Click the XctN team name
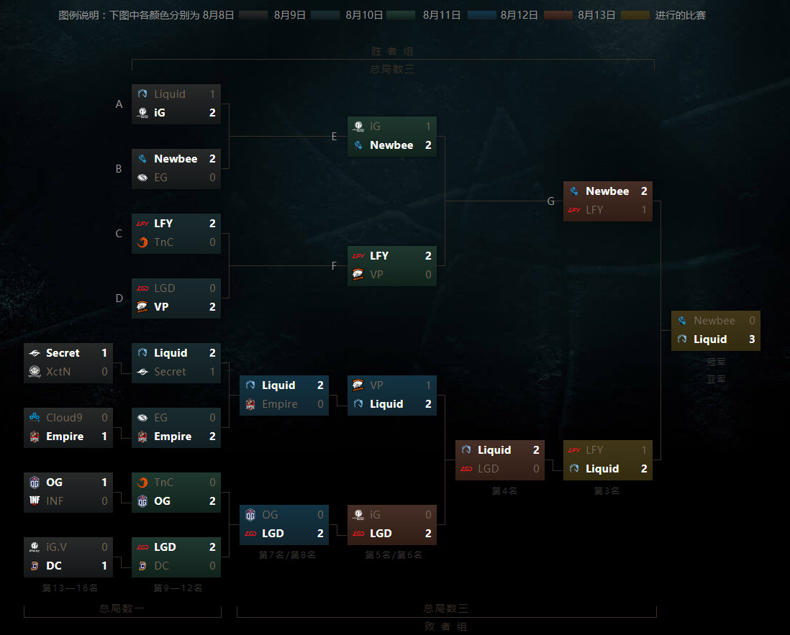click(x=58, y=372)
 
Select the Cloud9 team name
click(x=64, y=418)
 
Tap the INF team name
click(x=55, y=501)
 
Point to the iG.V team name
click(x=56, y=547)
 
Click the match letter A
click(x=119, y=104)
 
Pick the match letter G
click(x=551, y=201)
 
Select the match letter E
click(x=335, y=137)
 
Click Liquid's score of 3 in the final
click(x=752, y=339)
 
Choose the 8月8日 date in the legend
click(x=219, y=15)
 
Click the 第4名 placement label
click(x=504, y=491)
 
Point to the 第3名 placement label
click(x=607, y=491)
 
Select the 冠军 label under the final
click(x=716, y=362)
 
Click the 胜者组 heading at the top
click(x=392, y=52)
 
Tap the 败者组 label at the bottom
click(x=446, y=626)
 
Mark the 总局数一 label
click(x=122, y=608)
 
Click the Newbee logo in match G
click(x=574, y=191)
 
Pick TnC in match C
click(x=164, y=242)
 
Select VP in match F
click(x=376, y=275)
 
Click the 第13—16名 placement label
click(x=70, y=588)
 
